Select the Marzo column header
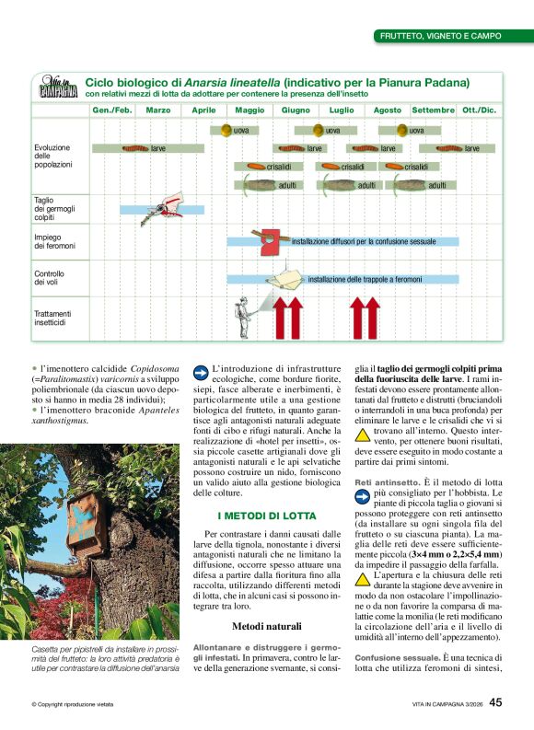157,110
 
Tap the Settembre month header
433,110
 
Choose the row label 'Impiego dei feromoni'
54,241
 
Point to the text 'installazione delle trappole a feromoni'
365,279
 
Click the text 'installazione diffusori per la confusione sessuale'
364,241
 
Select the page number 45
495,702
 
